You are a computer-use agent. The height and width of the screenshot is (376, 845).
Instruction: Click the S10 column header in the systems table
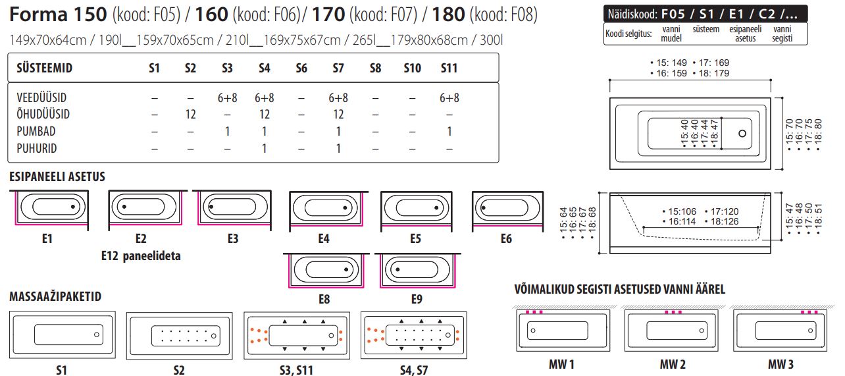413,68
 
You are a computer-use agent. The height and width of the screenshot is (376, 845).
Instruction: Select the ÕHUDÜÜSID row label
43,115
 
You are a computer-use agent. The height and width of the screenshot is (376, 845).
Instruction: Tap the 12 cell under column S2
190,115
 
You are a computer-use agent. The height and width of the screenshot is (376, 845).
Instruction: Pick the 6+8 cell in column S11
449,97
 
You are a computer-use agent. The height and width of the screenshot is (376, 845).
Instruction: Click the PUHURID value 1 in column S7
338,148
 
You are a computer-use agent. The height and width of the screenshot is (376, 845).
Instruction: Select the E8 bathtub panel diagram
324,270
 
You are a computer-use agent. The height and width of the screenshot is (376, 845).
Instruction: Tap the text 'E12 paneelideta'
141,255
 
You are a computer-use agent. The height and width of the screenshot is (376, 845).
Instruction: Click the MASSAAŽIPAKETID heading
56,296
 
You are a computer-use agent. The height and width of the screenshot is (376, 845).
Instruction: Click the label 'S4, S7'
413,370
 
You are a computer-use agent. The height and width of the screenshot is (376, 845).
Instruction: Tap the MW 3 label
781,364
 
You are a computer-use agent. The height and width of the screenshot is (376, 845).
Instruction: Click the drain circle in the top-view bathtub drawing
743,133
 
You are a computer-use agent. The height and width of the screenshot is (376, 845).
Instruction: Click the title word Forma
39,14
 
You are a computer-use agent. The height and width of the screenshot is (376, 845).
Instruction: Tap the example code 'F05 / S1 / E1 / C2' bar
705,13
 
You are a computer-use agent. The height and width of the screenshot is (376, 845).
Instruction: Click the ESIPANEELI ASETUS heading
57,177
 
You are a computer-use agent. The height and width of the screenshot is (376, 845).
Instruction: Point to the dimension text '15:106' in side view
681,211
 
